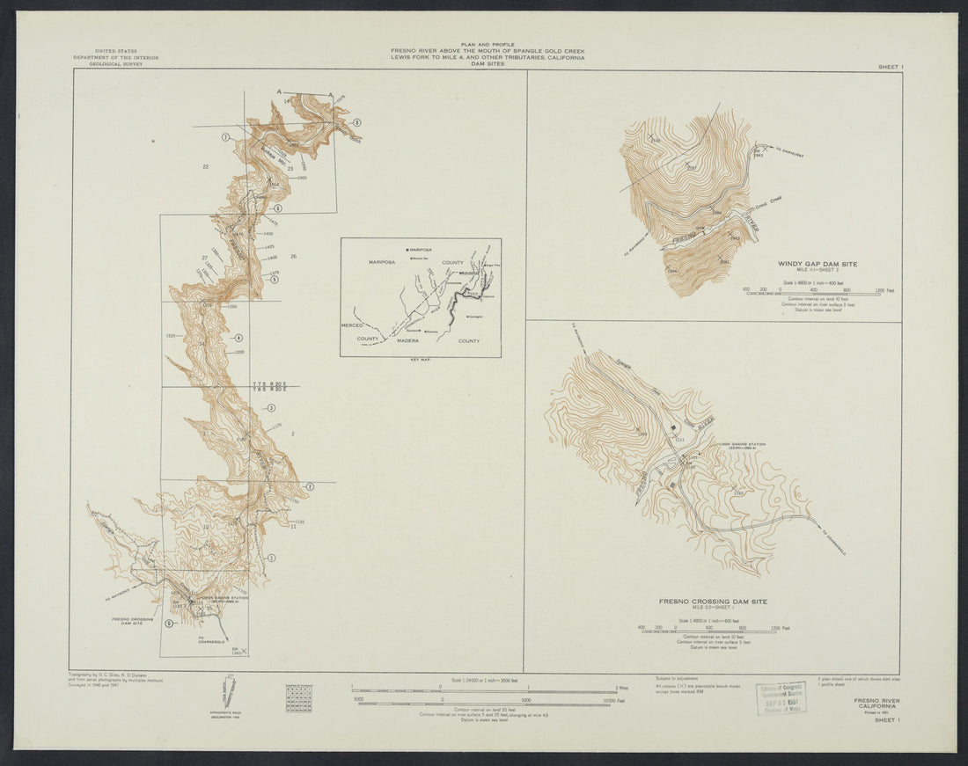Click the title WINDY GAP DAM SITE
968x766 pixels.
tap(817, 264)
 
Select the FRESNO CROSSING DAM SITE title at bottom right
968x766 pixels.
tap(713, 602)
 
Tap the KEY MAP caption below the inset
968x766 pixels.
tap(421, 361)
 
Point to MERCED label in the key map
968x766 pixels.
tap(353, 325)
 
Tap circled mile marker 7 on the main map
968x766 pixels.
tap(226, 137)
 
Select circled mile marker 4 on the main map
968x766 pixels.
tap(238, 339)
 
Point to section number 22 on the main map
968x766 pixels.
tap(205, 166)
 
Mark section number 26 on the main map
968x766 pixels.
tap(294, 257)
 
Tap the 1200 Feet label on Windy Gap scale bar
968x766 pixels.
tap(883, 288)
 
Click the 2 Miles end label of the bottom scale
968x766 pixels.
tap(623, 687)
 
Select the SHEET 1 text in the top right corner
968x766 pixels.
tap(891, 67)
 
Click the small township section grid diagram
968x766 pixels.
tap(298, 698)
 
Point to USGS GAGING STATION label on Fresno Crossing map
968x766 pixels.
tap(741, 445)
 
